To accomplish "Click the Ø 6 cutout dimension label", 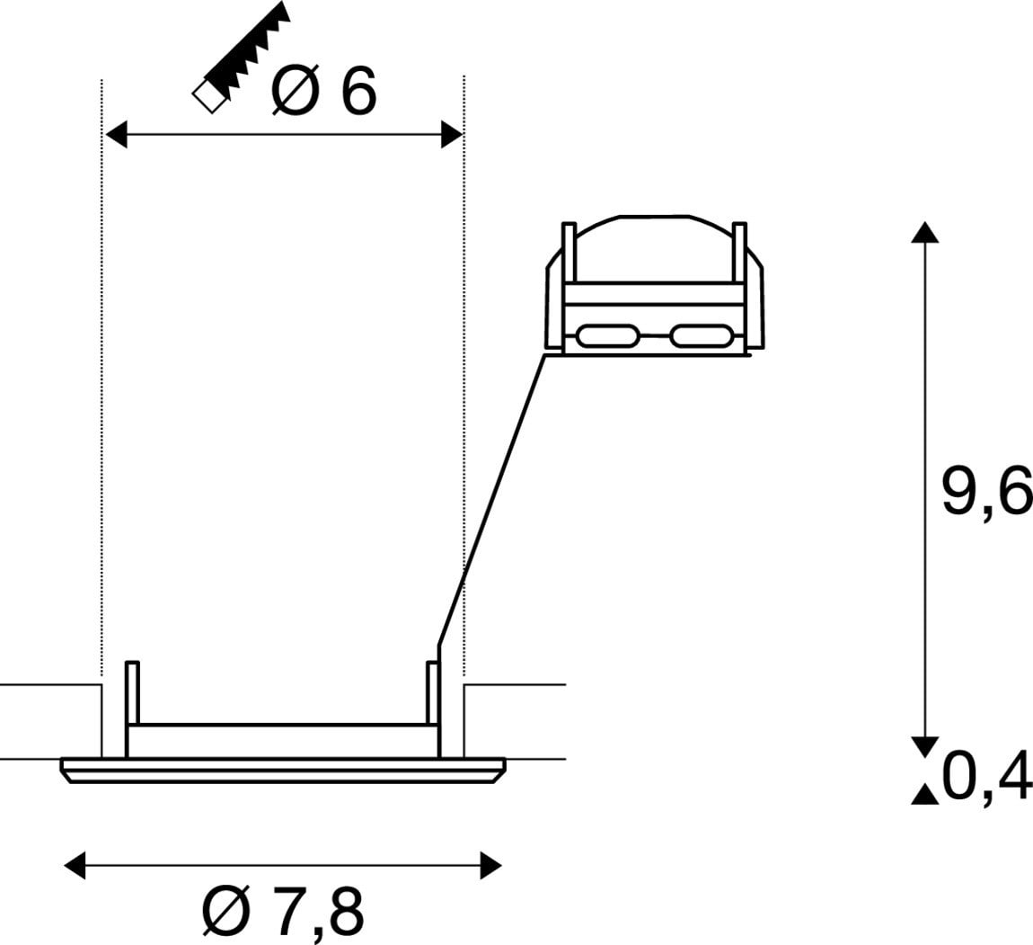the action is point(323,90).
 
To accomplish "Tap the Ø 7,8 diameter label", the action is point(283,911).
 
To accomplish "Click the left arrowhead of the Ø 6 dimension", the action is point(116,135).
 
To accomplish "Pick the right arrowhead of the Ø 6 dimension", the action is point(452,135).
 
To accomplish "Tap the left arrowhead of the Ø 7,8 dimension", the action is point(75,865).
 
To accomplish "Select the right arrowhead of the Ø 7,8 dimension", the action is point(491,865).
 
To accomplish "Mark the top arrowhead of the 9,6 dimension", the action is point(925,233).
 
